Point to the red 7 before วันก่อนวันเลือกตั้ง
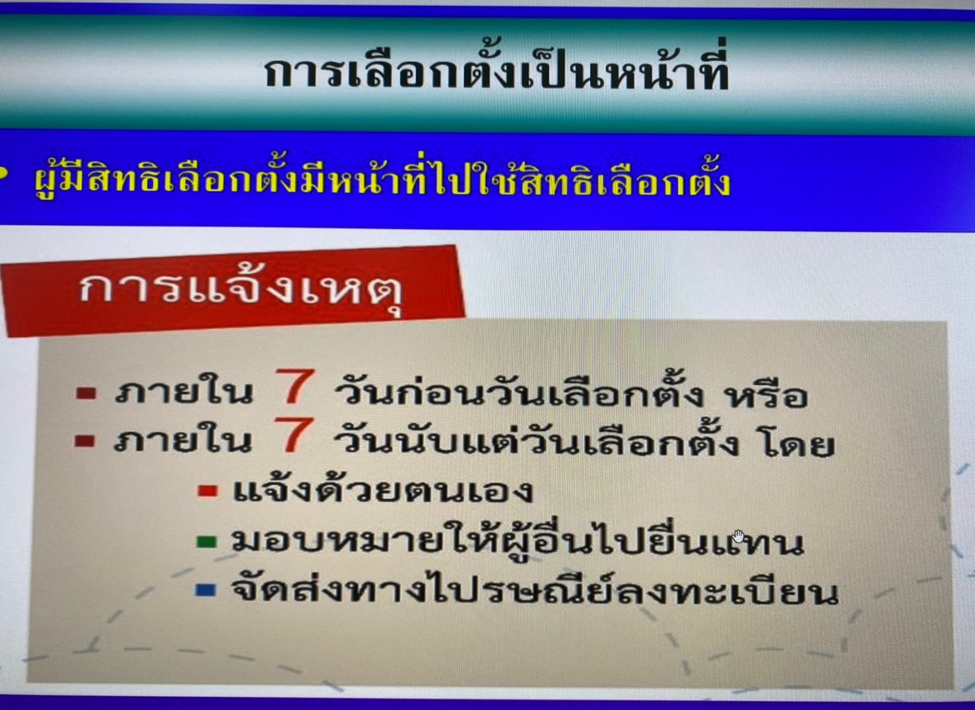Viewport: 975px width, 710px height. pyautogui.click(x=294, y=386)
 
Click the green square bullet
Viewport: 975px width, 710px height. pyautogui.click(x=206, y=542)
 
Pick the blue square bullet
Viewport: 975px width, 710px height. pyautogui.click(x=205, y=591)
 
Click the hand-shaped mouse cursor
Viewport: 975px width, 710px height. pyautogui.click(x=738, y=536)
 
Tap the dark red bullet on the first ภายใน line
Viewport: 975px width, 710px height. pyautogui.click(x=86, y=393)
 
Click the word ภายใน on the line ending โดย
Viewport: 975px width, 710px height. pyautogui.click(x=184, y=441)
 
